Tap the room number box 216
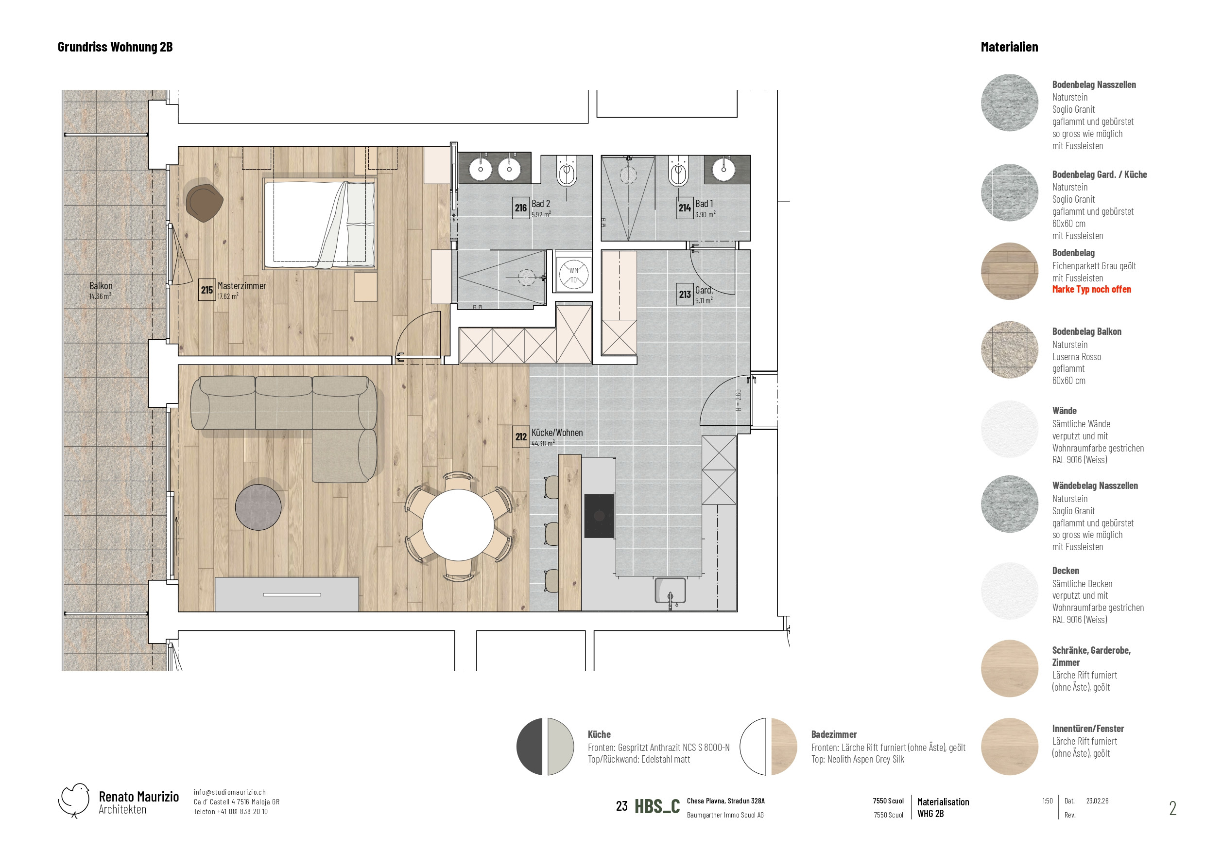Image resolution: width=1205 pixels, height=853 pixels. pyautogui.click(x=521, y=208)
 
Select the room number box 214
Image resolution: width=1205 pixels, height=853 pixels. pyautogui.click(x=685, y=208)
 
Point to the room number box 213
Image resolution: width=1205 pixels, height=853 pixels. pyautogui.click(x=685, y=294)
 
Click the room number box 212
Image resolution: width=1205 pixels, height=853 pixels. pyautogui.click(x=521, y=436)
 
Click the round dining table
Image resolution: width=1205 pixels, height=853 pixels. pyautogui.click(x=458, y=525)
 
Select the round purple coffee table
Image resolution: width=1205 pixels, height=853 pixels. pyautogui.click(x=258, y=507)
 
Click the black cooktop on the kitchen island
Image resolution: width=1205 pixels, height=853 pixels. pyautogui.click(x=599, y=515)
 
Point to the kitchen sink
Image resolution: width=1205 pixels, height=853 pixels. pyautogui.click(x=671, y=591)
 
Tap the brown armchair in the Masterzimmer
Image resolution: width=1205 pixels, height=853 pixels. pyautogui.click(x=204, y=203)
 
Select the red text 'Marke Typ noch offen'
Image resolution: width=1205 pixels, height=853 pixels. pyautogui.click(x=1091, y=289)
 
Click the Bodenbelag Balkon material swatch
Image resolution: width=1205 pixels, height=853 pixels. pyautogui.click(x=1009, y=350)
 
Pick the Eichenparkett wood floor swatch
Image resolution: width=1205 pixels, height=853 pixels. pyautogui.click(x=1009, y=271)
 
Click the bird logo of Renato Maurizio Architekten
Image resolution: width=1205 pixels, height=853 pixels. pyautogui.click(x=74, y=801)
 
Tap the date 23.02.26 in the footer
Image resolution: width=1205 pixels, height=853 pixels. pyautogui.click(x=1097, y=801)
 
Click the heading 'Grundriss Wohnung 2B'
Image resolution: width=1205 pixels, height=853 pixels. pyautogui.click(x=115, y=47)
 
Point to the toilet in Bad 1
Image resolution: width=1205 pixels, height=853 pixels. pyautogui.click(x=678, y=171)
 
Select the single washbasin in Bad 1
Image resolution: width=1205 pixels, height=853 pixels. pyautogui.click(x=723, y=169)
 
